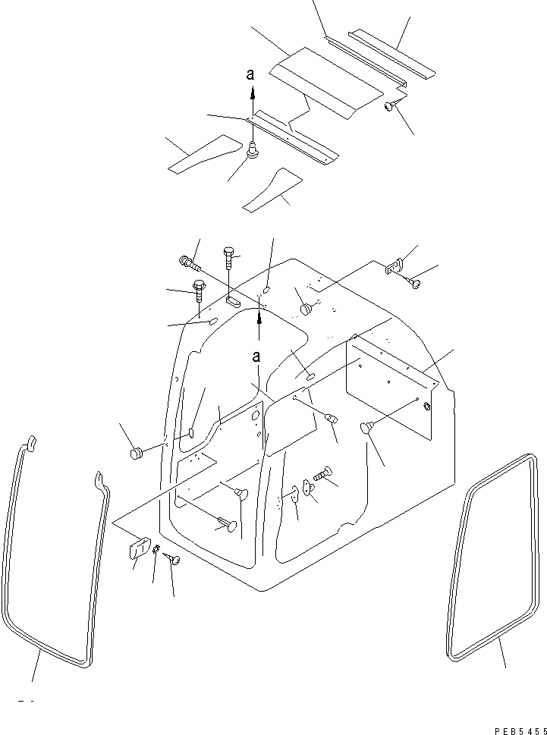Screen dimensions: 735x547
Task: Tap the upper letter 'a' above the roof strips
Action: (x=251, y=75)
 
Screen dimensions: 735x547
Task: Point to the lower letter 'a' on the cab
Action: (x=257, y=357)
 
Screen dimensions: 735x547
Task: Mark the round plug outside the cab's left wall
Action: (x=137, y=454)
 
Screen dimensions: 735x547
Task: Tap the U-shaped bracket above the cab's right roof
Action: (x=391, y=266)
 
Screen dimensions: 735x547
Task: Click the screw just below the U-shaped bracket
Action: (x=413, y=282)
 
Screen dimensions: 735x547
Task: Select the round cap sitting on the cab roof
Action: (x=306, y=309)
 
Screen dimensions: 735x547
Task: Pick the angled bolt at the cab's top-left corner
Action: (x=189, y=263)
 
